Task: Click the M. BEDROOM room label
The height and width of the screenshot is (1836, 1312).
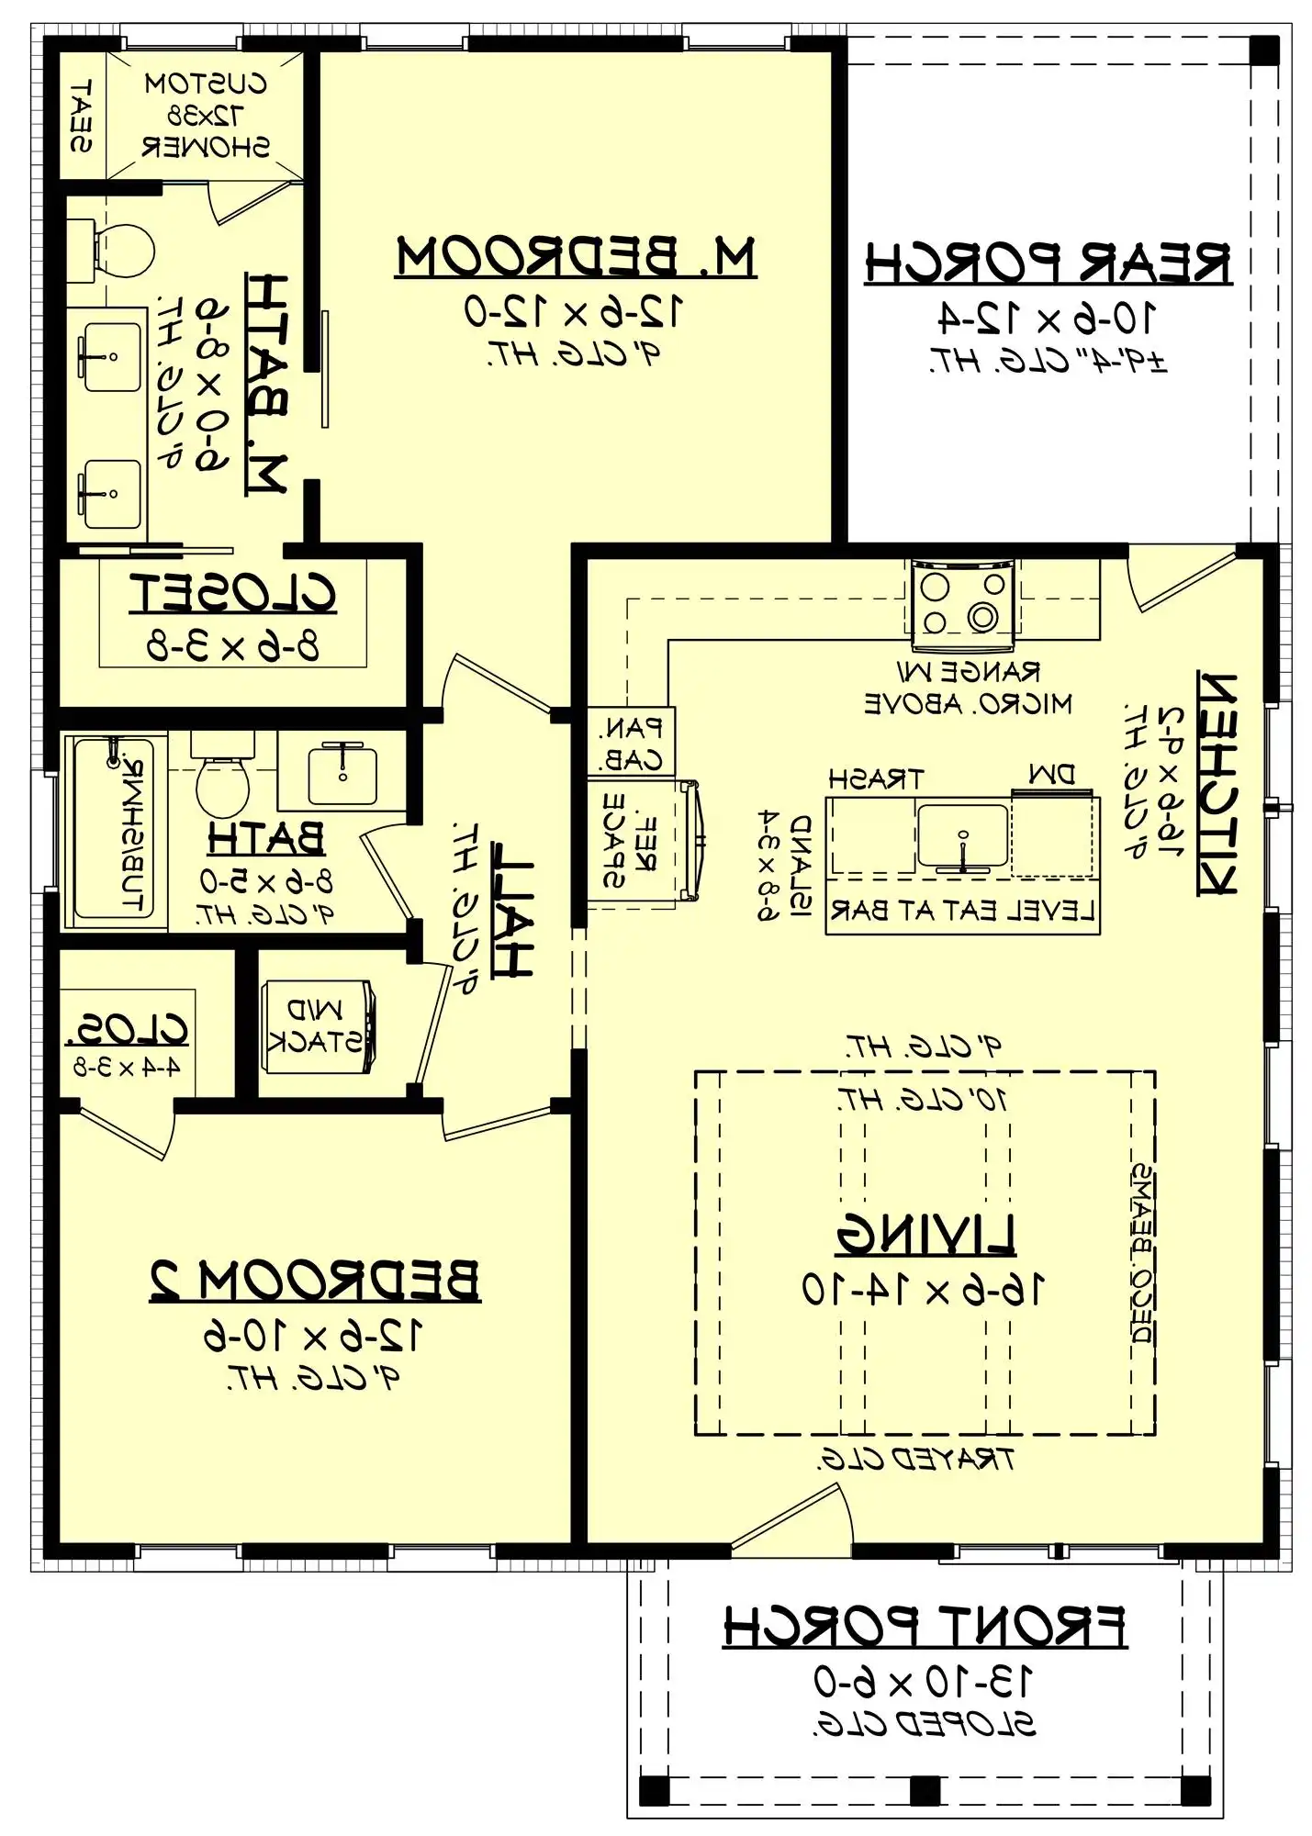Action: (x=576, y=258)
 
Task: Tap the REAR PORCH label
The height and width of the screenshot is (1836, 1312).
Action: (x=1047, y=264)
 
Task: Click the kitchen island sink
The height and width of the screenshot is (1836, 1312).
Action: (x=962, y=836)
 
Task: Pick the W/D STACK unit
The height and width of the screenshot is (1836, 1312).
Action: (x=318, y=1026)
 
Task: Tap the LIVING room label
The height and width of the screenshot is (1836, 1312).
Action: (x=925, y=1234)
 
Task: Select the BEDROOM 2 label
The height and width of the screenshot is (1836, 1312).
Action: (x=314, y=1281)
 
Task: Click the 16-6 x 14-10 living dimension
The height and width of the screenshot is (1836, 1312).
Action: (x=923, y=1289)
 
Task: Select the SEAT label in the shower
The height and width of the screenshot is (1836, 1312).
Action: (x=82, y=116)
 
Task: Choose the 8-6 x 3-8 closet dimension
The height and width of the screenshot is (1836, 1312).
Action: (x=233, y=646)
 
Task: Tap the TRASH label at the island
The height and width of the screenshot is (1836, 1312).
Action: (x=875, y=780)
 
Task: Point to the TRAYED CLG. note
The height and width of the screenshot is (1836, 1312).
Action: (x=915, y=1460)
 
